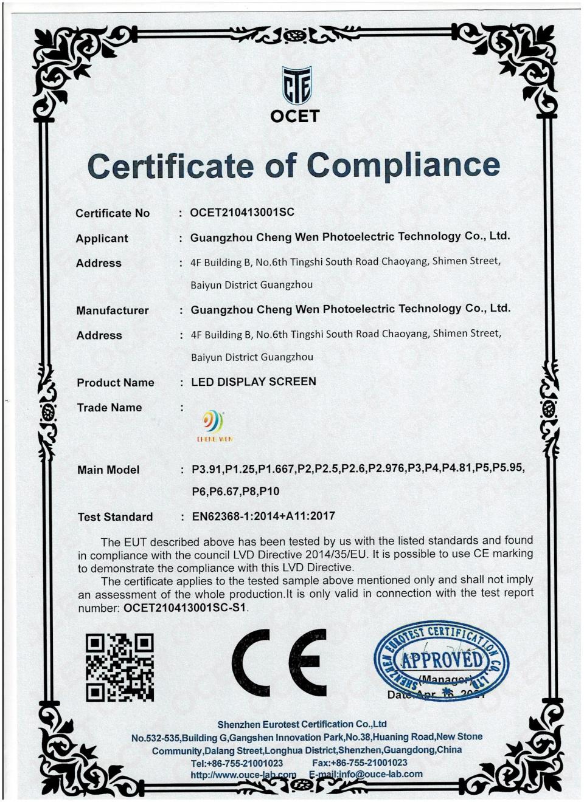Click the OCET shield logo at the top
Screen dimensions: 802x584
pyautogui.click(x=296, y=86)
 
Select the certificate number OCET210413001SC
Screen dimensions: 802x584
pyautogui.click(x=242, y=212)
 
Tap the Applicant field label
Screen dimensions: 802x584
pyautogui.click(x=102, y=238)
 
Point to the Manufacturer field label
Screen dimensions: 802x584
pyautogui.click(x=113, y=310)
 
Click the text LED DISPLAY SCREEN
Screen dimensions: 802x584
pyautogui.click(x=254, y=382)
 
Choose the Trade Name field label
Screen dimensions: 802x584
pyautogui.click(x=109, y=408)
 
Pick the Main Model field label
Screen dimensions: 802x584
pyautogui.click(x=108, y=470)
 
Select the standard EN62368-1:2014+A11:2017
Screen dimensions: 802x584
pyautogui.click(x=263, y=516)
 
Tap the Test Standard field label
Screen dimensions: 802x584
pyautogui.click(x=115, y=517)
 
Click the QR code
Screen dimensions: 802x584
pyautogui.click(x=119, y=667)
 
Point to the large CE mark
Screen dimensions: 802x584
pyautogui.click(x=279, y=662)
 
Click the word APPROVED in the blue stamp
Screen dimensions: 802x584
pyautogui.click(x=442, y=659)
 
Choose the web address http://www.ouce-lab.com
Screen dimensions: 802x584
pyautogui.click(x=243, y=775)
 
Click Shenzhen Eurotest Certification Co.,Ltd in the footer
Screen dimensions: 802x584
pyautogui.click(x=302, y=724)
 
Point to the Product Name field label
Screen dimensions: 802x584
pyautogui.click(x=116, y=383)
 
